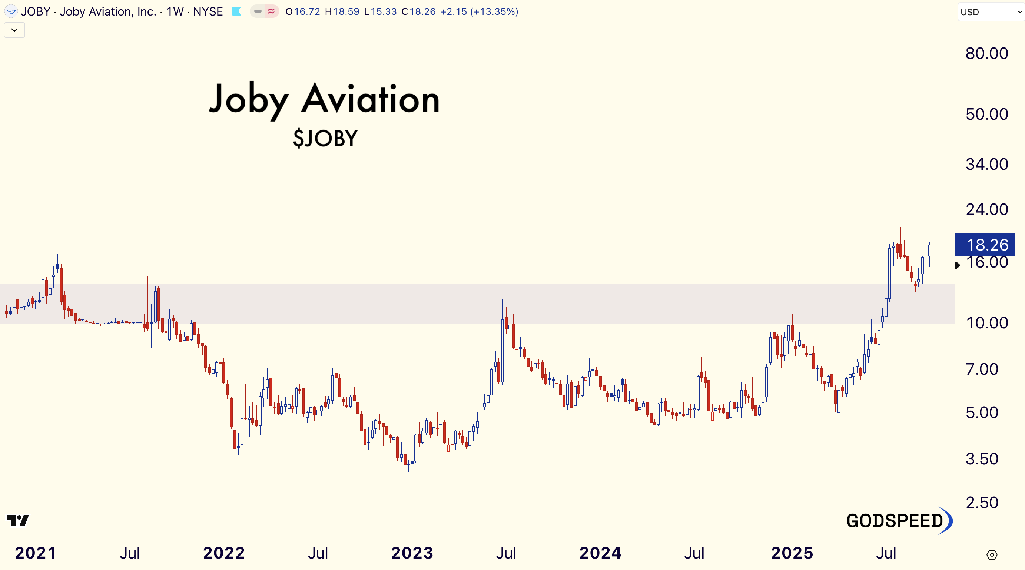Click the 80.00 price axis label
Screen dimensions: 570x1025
coord(986,53)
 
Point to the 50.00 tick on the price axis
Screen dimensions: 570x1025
coord(986,114)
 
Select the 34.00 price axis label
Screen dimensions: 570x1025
coord(986,164)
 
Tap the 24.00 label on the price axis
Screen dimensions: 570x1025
coord(986,209)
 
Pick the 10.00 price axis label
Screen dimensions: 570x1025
coord(986,323)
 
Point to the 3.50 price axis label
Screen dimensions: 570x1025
coord(982,459)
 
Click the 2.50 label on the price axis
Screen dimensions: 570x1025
coord(982,503)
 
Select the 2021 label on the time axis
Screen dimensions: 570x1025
coord(36,553)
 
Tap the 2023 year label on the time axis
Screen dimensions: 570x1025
coord(412,553)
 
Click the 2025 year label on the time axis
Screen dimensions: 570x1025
coord(792,553)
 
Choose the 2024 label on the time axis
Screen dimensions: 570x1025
coord(600,553)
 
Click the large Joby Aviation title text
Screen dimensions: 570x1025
coord(324,100)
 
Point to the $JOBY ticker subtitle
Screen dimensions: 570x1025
coord(325,138)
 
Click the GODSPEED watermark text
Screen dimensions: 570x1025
coord(895,521)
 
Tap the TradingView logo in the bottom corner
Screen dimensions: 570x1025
coord(18,520)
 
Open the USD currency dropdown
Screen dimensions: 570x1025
coord(991,12)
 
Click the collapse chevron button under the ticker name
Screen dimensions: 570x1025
coord(14,30)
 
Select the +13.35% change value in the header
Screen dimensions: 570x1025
coord(494,11)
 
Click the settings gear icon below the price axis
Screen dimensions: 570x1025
coord(992,554)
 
